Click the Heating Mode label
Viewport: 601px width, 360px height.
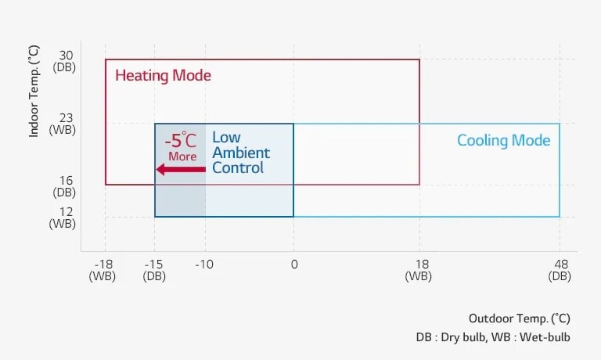(x=163, y=76)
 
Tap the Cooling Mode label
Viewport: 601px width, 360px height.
(x=503, y=141)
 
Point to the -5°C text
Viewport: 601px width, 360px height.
(x=182, y=141)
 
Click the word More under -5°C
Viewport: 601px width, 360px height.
(x=182, y=157)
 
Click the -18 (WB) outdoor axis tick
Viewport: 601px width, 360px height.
(x=103, y=270)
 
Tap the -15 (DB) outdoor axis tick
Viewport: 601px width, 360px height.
(x=154, y=270)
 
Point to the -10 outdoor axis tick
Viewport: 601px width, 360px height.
(x=204, y=265)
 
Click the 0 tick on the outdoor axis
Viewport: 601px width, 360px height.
(x=294, y=265)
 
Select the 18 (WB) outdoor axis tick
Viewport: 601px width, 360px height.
(x=419, y=270)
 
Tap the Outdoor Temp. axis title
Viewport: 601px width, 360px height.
(x=519, y=319)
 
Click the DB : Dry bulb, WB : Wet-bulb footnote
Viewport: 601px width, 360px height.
(x=493, y=337)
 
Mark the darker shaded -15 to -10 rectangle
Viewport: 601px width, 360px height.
(x=181, y=196)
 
